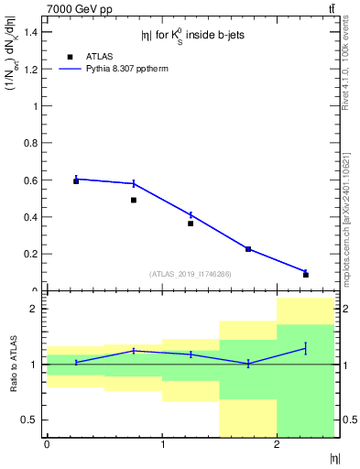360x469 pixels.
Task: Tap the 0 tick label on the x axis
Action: (47, 444)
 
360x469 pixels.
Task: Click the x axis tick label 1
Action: (162, 444)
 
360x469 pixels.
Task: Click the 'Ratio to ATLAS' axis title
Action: (12, 365)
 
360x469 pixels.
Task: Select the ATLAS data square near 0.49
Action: (134, 200)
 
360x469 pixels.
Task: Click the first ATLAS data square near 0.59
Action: (76, 181)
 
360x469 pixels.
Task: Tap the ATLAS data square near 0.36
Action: (191, 224)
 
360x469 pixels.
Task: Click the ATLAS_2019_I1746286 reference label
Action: (191, 273)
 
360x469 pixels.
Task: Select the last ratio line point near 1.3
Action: (306, 348)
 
